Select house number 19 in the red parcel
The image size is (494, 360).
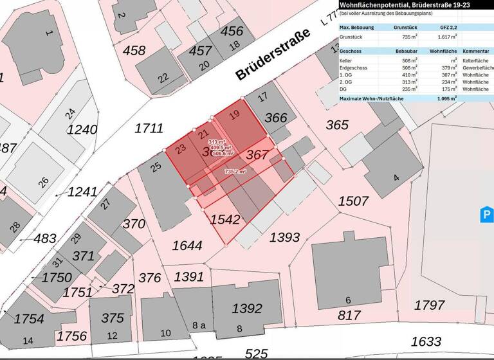pos(235,116)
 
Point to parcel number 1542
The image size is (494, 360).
pos(224,219)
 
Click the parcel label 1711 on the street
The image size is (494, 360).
pos(149,129)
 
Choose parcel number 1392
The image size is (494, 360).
pos(246,309)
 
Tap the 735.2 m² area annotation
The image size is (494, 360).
pos(235,172)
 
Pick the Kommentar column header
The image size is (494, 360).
pos(477,50)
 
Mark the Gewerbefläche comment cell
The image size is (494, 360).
pos(477,67)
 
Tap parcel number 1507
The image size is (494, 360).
pos(353,201)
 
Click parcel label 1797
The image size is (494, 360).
pos(429,305)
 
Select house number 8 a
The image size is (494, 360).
pos(199,326)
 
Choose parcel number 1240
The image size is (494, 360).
pos(82,129)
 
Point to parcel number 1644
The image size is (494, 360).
pos(187,246)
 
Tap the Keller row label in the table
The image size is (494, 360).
pos(346,60)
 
